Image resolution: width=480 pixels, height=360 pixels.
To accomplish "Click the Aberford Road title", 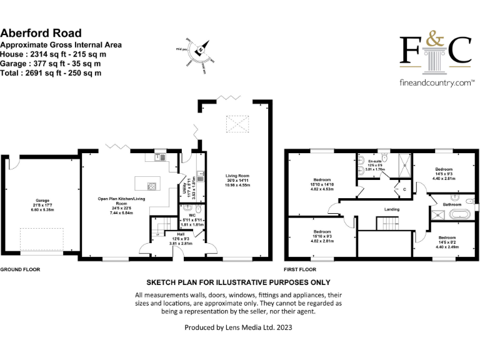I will click(41, 33).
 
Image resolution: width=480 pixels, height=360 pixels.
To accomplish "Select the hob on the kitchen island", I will click(151, 186).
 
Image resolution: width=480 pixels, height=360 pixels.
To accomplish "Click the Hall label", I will click(162, 234).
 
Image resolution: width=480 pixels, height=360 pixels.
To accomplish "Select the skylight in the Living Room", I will click(236, 122).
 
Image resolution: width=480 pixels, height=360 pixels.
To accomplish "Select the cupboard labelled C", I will click(404, 189).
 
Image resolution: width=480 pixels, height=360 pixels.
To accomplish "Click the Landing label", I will click(392, 209).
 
